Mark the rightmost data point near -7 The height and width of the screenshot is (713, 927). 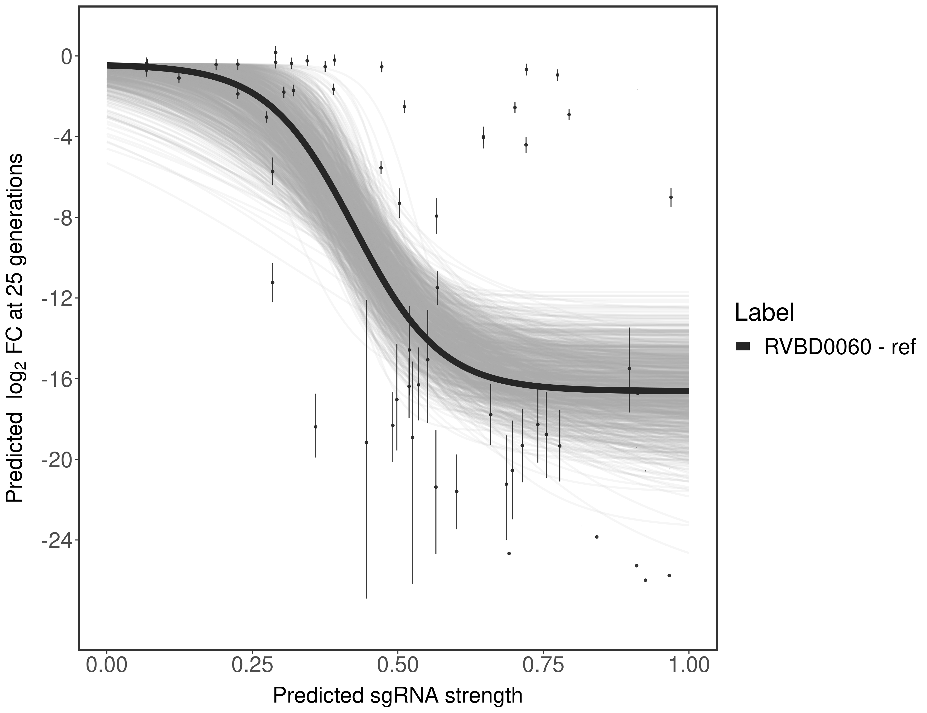(671, 197)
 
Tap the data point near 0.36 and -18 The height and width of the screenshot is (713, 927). (315, 427)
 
